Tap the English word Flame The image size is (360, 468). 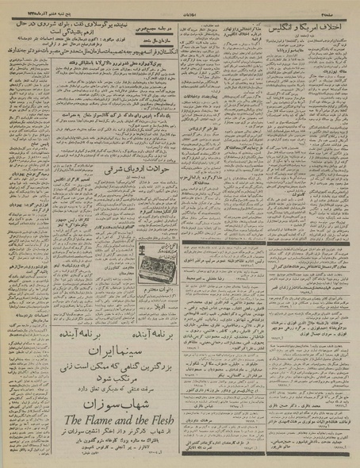tap(109, 419)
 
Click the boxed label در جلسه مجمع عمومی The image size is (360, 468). tap(191, 25)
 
